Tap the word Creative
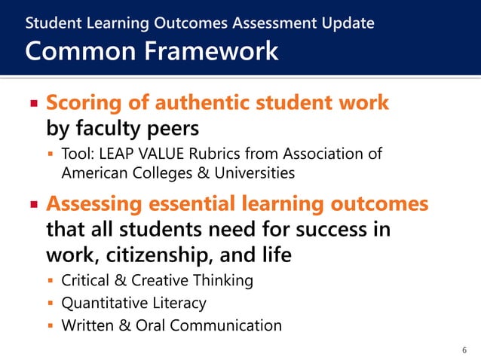157,281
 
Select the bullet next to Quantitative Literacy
51,304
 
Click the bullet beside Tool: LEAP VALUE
51,155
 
